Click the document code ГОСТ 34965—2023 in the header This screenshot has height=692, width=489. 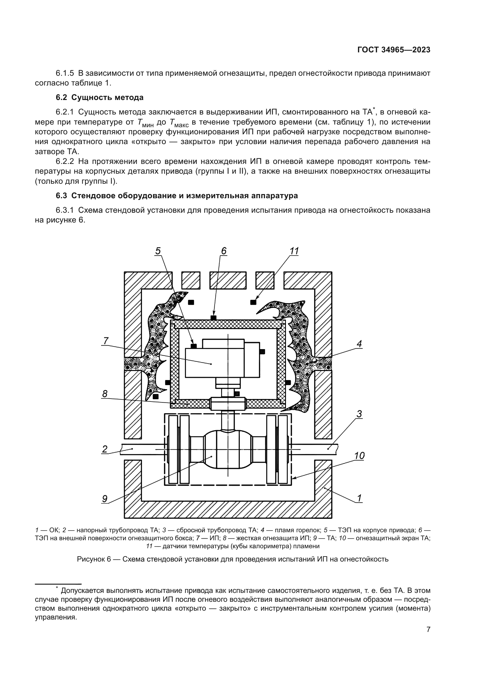(394, 50)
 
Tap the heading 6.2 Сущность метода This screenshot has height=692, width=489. (99, 97)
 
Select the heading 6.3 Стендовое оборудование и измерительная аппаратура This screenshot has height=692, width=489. (177, 196)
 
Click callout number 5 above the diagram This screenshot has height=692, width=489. (158, 251)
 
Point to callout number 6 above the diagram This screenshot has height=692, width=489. (224, 251)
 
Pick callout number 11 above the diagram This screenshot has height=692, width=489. (294, 251)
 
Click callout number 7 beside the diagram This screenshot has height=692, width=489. (106, 341)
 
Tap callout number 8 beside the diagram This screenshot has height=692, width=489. (105, 394)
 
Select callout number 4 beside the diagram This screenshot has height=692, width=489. (359, 344)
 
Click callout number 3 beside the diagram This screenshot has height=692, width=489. (359, 414)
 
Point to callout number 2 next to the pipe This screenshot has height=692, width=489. (104, 449)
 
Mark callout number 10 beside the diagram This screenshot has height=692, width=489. (359, 456)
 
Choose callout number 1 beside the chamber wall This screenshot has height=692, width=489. (359, 498)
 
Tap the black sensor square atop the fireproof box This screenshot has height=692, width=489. (213, 318)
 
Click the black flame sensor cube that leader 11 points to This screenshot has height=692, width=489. (253, 302)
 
